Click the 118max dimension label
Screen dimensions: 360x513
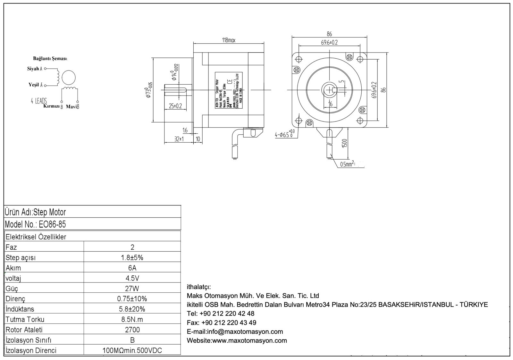click(x=229, y=40)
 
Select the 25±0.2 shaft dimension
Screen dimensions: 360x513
click(x=175, y=106)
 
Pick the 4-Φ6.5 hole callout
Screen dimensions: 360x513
click(x=285, y=134)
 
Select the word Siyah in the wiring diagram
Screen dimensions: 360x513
click(x=33, y=69)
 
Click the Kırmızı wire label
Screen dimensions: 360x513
click(x=51, y=106)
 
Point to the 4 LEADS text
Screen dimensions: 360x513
click(x=39, y=101)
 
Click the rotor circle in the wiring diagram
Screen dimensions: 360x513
click(x=69, y=78)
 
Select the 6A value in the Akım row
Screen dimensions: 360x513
click(x=132, y=268)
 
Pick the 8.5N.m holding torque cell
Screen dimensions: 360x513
click(x=132, y=319)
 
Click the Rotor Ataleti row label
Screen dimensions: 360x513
click(x=24, y=330)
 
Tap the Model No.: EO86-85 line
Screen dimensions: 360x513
click(x=36, y=224)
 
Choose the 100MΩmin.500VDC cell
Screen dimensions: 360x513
click(x=132, y=350)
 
